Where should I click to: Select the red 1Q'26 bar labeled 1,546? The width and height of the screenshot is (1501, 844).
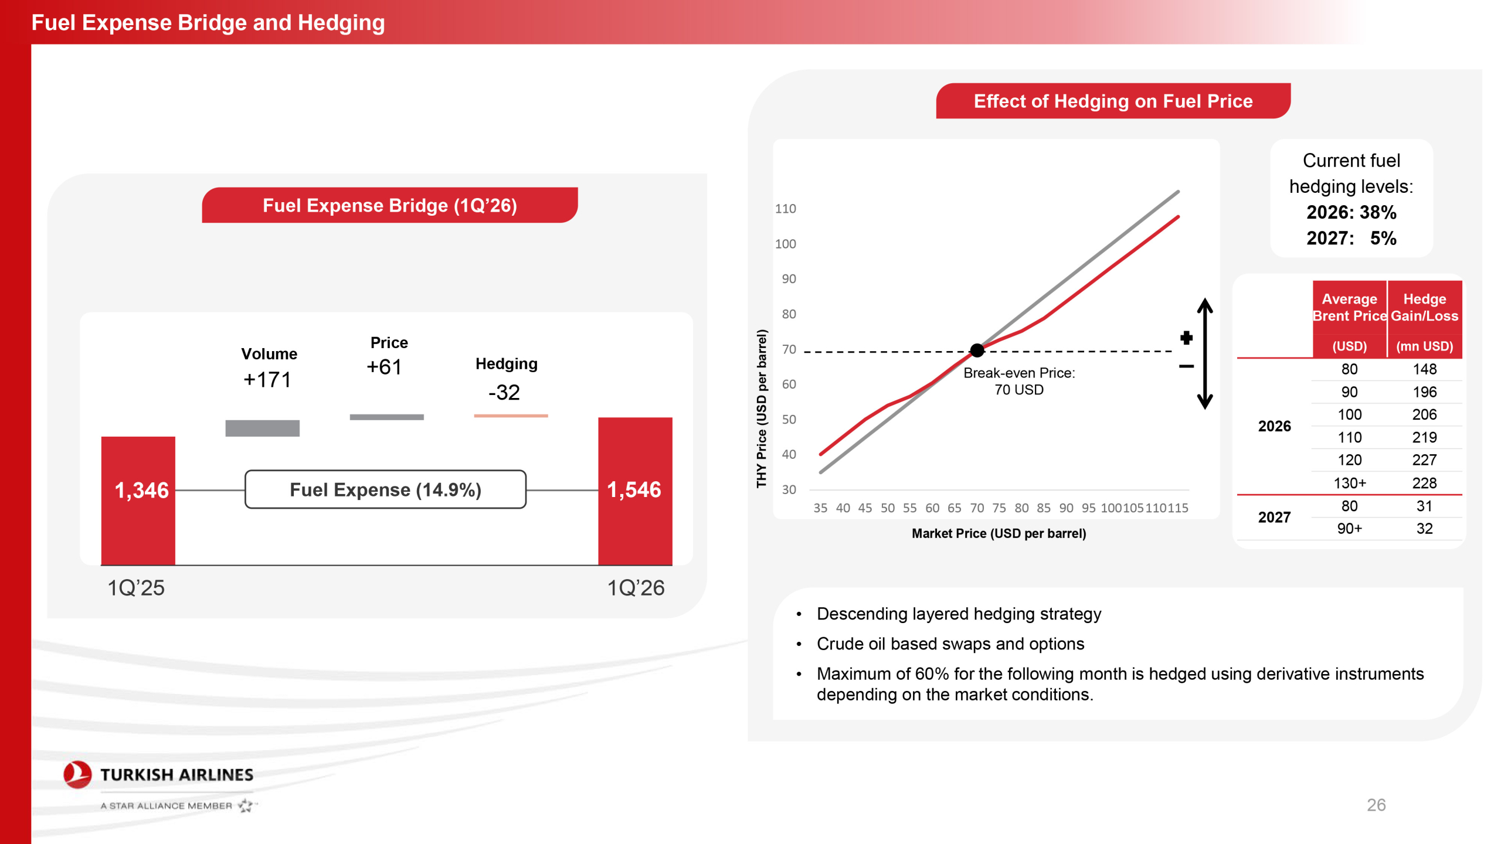(x=635, y=491)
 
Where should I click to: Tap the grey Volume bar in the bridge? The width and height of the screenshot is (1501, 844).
(x=262, y=428)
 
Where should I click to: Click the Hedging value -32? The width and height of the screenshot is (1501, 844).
(x=504, y=392)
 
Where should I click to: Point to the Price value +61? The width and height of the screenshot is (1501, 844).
(x=384, y=367)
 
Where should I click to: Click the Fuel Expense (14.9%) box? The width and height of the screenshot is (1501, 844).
(x=385, y=489)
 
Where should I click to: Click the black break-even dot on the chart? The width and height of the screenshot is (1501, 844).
(x=977, y=350)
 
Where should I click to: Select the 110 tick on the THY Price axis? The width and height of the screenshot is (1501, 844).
(x=785, y=209)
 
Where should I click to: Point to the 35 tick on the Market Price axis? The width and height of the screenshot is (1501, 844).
(x=820, y=508)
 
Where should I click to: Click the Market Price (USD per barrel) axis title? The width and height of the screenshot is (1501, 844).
(x=999, y=533)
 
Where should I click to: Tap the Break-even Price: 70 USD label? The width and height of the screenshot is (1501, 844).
(x=1019, y=381)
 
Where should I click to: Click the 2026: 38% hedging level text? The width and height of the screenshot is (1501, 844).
(x=1351, y=212)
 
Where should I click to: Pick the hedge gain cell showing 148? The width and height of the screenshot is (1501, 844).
(x=1424, y=369)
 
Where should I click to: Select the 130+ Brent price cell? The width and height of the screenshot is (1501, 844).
(x=1349, y=483)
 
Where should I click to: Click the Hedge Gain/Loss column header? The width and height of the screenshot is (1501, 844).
(x=1424, y=307)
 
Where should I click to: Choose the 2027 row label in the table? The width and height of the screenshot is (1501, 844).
(x=1274, y=517)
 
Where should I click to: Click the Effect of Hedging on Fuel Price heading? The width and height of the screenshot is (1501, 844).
(x=1113, y=101)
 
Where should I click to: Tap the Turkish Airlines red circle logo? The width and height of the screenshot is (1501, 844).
(x=77, y=775)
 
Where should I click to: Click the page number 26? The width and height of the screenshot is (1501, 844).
(x=1376, y=805)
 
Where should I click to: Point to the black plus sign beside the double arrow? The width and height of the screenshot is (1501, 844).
(x=1186, y=338)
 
